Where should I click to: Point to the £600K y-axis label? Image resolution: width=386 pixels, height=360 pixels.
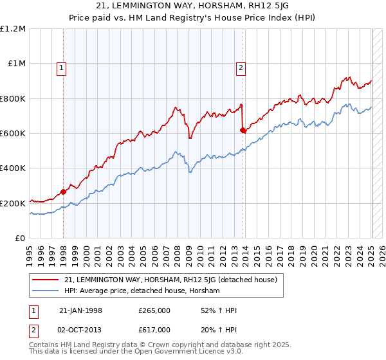tap(13, 133)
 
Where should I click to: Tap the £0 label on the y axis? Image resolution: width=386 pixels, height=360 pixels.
tap(20, 238)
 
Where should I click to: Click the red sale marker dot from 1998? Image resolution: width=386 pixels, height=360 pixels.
tap(64, 192)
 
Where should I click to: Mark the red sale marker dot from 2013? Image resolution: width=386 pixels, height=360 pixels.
tap(243, 130)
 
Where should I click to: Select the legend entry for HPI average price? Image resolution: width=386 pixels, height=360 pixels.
tap(142, 291)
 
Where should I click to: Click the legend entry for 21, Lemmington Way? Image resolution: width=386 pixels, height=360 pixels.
tap(170, 280)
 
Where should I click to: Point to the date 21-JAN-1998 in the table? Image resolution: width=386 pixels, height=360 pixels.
tap(80, 310)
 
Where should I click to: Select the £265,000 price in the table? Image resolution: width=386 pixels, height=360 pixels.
tap(154, 310)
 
